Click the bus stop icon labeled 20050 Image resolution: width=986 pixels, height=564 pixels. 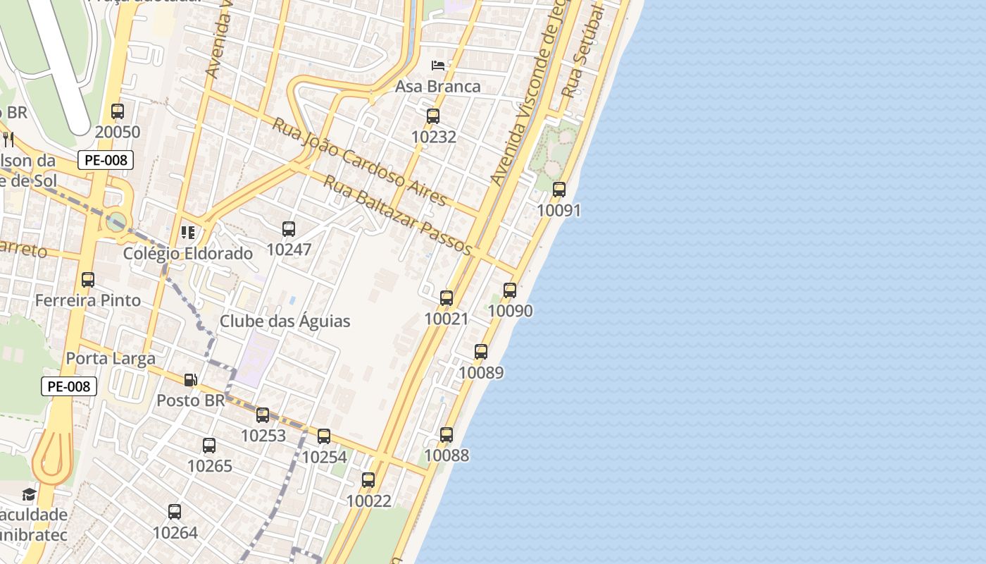pos(118,111)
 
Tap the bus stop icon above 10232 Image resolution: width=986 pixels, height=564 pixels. pos(433,116)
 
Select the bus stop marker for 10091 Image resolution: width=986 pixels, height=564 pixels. pos(559,190)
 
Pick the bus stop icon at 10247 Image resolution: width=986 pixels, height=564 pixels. pos(289,228)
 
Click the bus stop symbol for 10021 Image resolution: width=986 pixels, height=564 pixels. pos(447,298)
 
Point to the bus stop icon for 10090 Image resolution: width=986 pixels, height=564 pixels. pos(510,290)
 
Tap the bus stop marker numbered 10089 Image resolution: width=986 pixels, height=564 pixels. pos(481,351)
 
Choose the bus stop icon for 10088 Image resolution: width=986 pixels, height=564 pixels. pos(447,434)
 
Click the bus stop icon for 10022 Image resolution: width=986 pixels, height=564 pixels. pos(368,480)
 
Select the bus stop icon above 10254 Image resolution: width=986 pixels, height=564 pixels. pos(324,436)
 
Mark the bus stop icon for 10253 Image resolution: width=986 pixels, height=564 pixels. pos(263,415)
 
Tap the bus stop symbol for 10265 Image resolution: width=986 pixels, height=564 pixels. pos(209,446)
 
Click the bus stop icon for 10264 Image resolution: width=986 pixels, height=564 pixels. pos(175,512)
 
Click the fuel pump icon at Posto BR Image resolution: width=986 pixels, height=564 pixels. pos(190,380)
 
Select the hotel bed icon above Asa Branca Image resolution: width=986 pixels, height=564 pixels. pos(438,66)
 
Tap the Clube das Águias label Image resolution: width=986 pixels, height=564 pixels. pos(285,321)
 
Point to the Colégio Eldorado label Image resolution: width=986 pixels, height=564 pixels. pos(188,254)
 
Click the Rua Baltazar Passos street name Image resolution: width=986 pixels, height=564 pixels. pos(397,215)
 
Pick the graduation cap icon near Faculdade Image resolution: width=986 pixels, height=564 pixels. pos(29,494)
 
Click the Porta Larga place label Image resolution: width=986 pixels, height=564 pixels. pos(111,359)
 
